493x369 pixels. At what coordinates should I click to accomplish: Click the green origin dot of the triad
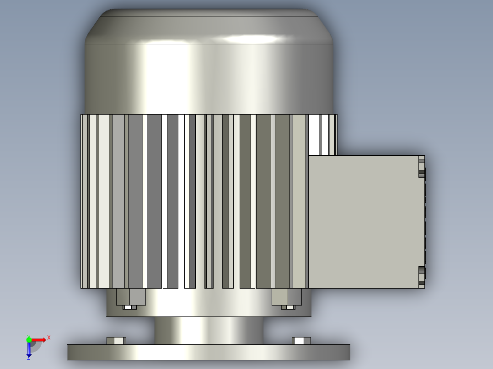29,340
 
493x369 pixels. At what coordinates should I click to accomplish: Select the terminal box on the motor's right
366,221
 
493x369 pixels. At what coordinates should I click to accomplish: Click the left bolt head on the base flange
116,341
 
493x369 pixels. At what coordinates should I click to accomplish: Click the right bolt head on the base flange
301,341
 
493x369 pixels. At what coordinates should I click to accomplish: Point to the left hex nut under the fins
131,297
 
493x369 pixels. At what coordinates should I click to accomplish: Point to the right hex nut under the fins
287,297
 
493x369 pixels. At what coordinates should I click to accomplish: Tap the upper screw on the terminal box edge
422,169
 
